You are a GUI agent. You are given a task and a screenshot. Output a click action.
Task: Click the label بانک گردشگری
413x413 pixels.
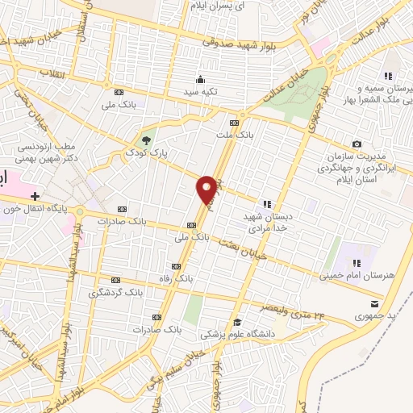pos(117,293)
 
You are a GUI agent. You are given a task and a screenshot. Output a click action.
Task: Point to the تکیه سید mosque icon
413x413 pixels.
pos(201,79)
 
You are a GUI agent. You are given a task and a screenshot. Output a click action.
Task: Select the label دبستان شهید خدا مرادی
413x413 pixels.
pos(267,223)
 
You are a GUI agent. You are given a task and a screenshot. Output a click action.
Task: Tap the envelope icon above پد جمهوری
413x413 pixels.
pos(373,303)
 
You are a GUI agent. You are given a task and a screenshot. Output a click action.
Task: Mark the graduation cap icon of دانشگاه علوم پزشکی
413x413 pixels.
pos(236,323)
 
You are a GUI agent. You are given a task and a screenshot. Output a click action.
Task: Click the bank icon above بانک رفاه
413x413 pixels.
pos(176,267)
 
